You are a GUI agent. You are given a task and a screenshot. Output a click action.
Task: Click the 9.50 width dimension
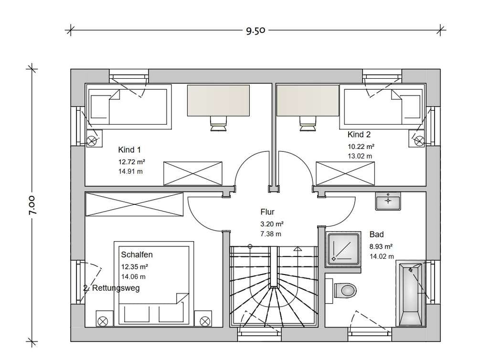coord(255,31)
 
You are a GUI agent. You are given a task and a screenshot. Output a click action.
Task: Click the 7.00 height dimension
coord(32,205)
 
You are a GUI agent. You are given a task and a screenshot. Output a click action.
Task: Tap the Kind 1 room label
coord(129,149)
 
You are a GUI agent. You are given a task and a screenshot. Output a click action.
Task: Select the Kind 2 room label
coord(359,134)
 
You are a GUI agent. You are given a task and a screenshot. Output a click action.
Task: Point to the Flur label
coord(267,212)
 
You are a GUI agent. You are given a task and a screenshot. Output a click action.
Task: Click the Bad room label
coord(376,234)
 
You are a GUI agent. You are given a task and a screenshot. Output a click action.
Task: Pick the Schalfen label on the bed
coord(137,254)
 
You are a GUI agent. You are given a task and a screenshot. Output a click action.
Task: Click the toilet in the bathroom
coord(345,290)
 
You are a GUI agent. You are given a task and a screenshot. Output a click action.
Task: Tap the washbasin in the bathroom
coord(388,201)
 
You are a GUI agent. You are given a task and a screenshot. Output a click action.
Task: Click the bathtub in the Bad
coord(410,294)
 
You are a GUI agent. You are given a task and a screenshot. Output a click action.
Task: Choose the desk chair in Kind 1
coord(218,124)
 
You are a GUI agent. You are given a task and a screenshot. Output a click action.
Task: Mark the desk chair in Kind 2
coord(308,124)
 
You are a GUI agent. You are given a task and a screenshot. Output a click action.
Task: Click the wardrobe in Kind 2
coord(345,174)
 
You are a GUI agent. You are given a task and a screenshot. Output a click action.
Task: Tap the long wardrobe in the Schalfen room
coord(134,204)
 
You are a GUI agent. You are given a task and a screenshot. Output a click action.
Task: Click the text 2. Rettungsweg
coord(111,288)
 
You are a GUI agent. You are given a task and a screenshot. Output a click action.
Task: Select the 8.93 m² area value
coord(381,246)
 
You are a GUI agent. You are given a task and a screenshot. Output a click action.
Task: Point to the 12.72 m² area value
coord(132,162)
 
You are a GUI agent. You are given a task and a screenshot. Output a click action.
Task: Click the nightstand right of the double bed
coord(203,318)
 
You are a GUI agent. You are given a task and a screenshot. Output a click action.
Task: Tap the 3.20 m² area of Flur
coord(272,224)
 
